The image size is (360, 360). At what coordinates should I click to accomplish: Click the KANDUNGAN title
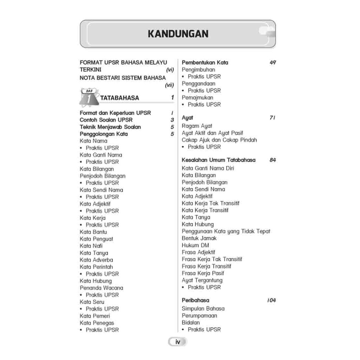(178, 34)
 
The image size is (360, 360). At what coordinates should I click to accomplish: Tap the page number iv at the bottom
(178, 342)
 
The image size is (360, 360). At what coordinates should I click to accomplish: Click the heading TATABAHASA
(120, 98)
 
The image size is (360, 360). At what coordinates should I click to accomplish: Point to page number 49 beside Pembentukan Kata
(272, 63)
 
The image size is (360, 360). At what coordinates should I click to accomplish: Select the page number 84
(272, 160)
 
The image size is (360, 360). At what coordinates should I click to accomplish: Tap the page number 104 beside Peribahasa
(271, 300)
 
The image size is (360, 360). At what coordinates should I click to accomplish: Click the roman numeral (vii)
(169, 85)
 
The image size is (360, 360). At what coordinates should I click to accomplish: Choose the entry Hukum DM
(195, 245)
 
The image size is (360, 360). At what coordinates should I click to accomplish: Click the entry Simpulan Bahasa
(203, 308)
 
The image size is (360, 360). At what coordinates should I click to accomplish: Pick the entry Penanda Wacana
(101, 288)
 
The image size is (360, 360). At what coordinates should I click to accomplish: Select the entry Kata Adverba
(96, 260)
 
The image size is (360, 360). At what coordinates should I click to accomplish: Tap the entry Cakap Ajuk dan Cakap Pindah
(219, 140)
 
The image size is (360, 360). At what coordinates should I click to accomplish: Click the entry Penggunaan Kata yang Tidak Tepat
(226, 231)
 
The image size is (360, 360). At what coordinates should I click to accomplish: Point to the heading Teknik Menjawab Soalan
(110, 127)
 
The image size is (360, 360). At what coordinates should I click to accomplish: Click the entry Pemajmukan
(197, 97)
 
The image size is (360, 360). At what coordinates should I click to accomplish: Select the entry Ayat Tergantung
(202, 280)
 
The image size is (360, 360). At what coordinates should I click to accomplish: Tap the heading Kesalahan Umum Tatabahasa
(218, 160)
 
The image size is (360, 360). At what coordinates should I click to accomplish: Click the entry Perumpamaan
(199, 315)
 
